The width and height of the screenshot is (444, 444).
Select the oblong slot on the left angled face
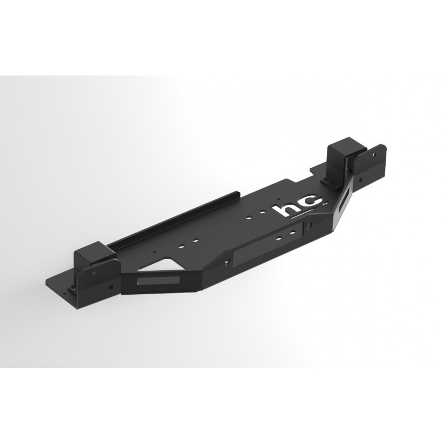[158, 281]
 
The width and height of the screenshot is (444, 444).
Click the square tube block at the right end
[341, 159]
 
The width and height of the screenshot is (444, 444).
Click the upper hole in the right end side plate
[375, 155]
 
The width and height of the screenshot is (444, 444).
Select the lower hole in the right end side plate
[361, 179]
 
